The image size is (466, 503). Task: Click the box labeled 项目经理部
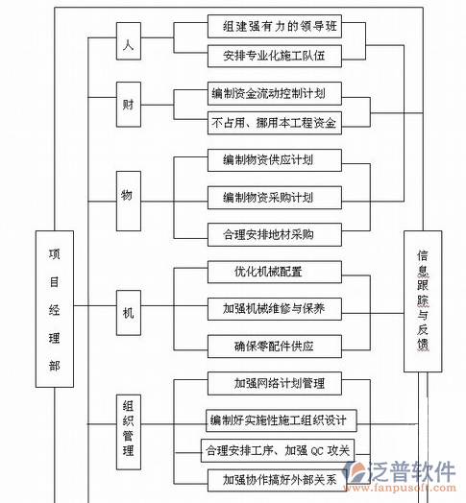tap(54, 310)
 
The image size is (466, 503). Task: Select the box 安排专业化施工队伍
tap(274, 57)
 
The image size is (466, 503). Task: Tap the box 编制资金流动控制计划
tap(274, 94)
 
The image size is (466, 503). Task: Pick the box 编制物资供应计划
tap(274, 159)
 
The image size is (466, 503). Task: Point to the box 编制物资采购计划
tap(274, 197)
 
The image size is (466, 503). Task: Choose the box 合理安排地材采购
tap(274, 233)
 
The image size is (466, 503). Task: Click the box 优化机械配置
tap(274, 272)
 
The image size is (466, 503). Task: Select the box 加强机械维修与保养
tap(274, 308)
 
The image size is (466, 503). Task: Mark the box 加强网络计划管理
tap(274, 384)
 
